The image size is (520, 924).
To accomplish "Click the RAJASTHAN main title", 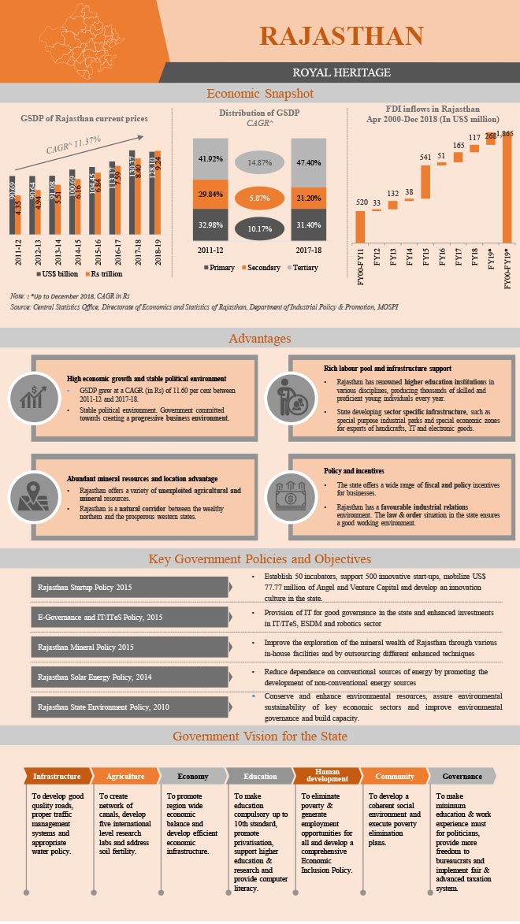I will click(x=341, y=35).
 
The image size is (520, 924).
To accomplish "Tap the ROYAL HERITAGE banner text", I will click(x=341, y=72).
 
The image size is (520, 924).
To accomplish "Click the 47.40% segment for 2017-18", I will click(x=309, y=162).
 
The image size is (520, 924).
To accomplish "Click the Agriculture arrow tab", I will click(x=124, y=776).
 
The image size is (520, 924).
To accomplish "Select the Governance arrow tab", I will click(x=462, y=776).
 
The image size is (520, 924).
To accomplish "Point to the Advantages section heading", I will click(x=260, y=339).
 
